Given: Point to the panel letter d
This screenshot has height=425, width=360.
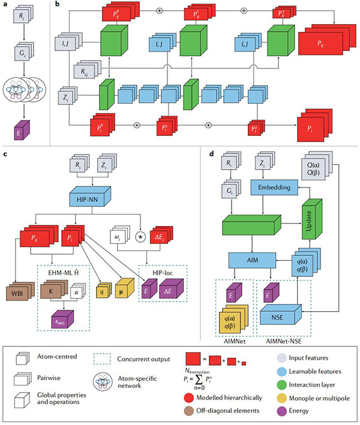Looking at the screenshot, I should (x=209, y=153).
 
